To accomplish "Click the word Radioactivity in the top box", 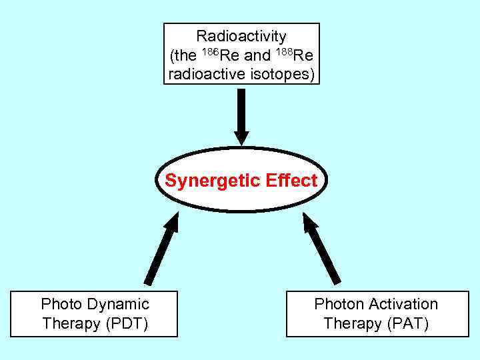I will (x=241, y=36).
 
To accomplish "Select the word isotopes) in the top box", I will (x=280, y=74).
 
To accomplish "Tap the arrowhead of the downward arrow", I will (x=241, y=137).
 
